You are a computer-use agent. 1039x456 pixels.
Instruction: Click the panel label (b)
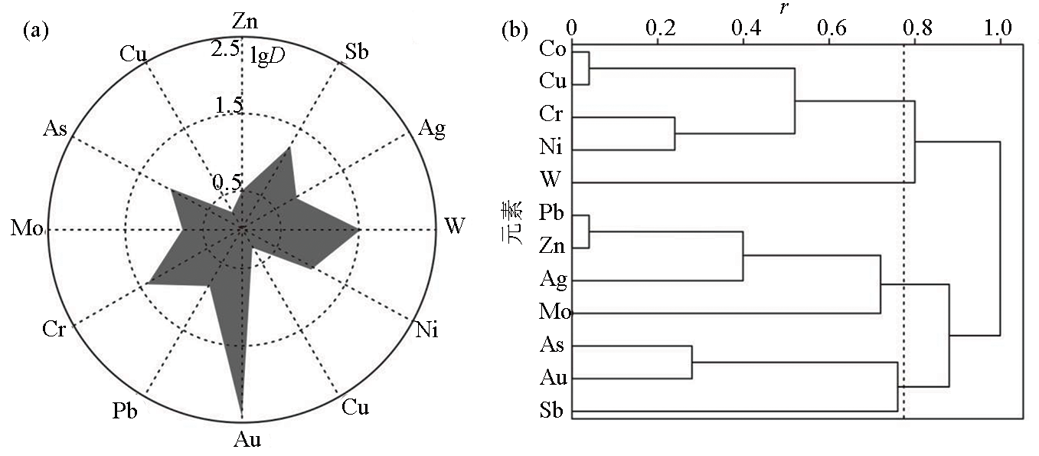click(515, 31)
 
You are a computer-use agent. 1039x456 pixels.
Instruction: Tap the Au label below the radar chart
click(247, 439)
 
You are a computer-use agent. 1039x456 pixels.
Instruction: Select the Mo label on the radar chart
click(27, 228)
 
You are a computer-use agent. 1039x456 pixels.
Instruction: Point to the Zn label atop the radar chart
click(245, 21)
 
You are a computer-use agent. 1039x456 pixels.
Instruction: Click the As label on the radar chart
click(54, 129)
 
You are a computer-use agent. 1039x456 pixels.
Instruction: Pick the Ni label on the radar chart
click(426, 330)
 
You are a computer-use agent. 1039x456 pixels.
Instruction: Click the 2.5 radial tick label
click(225, 48)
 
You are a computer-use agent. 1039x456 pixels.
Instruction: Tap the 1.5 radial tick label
click(229, 105)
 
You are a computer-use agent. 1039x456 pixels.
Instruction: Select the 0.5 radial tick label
click(227, 182)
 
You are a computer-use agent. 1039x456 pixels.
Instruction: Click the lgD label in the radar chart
click(268, 56)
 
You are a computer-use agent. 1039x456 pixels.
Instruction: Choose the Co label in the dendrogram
click(553, 49)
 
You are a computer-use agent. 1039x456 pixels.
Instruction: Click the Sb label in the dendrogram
click(551, 410)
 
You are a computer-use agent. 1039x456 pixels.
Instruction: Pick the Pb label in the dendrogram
click(551, 212)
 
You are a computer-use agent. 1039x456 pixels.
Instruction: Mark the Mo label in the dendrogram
click(555, 311)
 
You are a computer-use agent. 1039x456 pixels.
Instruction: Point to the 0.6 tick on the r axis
click(832, 28)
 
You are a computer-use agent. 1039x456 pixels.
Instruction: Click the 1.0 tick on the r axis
click(998, 28)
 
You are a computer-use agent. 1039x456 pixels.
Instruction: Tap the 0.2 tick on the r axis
click(661, 28)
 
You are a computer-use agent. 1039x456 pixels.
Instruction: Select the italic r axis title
click(784, 8)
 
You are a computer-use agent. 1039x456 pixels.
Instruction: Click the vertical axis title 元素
click(511, 223)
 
